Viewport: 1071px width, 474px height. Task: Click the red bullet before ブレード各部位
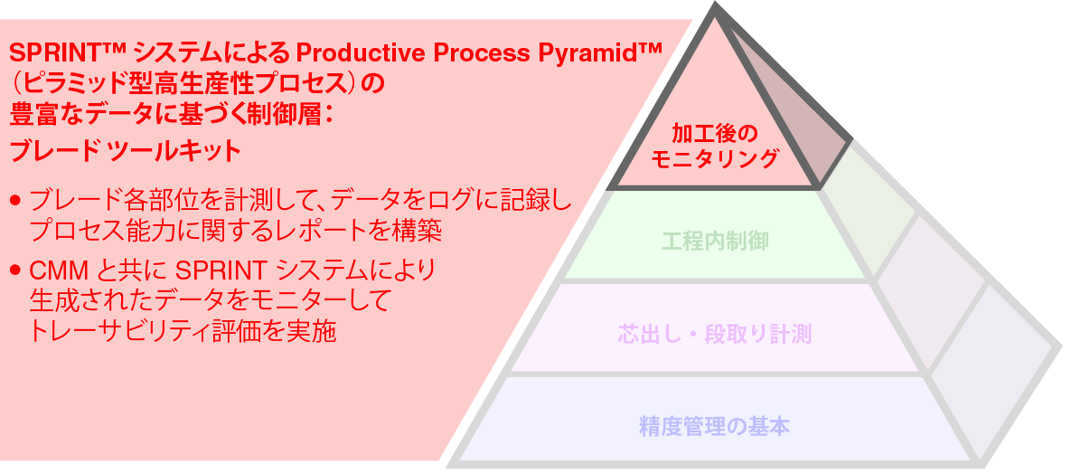click(15, 199)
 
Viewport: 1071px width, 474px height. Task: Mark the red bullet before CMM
click(15, 270)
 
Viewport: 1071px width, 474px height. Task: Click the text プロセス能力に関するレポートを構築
click(235, 231)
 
